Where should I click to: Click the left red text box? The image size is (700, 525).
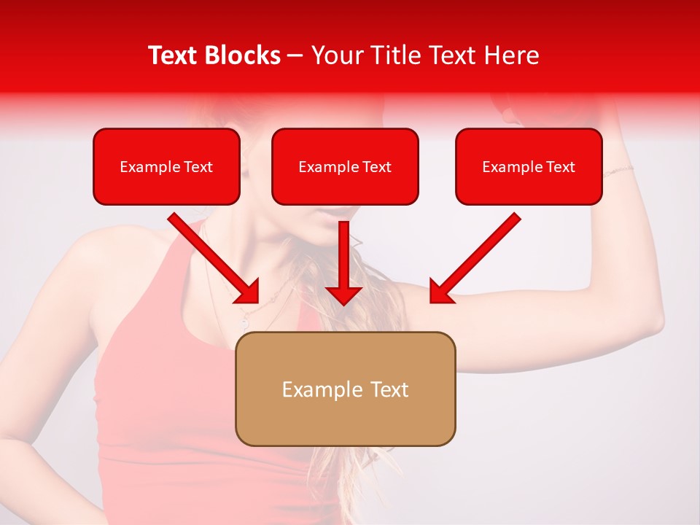166,167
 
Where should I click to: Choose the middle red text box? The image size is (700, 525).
345,167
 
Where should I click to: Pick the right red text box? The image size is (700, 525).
529,167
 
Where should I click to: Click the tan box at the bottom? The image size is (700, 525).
345,389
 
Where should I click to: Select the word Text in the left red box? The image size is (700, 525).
198,167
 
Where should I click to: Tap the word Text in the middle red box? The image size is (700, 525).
376,167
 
